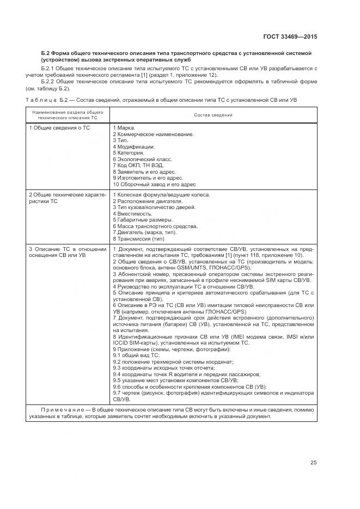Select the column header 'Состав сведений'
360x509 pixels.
click(213, 116)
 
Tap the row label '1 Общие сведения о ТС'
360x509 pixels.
click(60, 127)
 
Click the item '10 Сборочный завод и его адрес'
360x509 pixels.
click(154, 185)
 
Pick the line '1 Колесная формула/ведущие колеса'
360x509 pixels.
click(161, 195)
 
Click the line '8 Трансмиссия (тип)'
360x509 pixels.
click(138, 239)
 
